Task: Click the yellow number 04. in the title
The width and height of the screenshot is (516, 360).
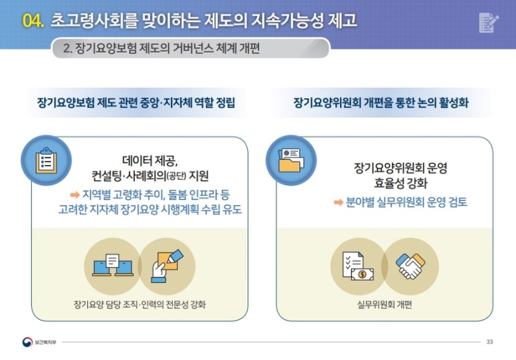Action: click(x=33, y=21)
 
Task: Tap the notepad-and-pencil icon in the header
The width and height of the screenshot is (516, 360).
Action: click(x=489, y=23)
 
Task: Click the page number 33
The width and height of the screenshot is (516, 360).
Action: click(x=490, y=342)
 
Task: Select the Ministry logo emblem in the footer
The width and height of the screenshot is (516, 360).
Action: click(x=27, y=342)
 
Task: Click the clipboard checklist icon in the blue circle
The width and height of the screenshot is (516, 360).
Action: click(x=46, y=161)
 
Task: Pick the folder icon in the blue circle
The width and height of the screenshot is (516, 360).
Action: click(x=291, y=160)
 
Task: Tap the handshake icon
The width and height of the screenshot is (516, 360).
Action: click(x=411, y=266)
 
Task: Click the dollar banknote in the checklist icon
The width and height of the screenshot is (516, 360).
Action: click(x=362, y=274)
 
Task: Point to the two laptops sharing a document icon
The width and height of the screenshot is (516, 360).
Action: click(x=113, y=265)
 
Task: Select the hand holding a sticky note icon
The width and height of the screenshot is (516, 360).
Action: click(x=167, y=266)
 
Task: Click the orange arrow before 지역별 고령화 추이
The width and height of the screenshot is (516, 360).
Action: click(x=75, y=195)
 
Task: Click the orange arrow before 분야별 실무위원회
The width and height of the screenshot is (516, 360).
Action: click(x=339, y=202)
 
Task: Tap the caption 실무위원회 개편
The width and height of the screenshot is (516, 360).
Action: click(x=384, y=305)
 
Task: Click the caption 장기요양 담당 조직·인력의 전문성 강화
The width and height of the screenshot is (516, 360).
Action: click(x=139, y=305)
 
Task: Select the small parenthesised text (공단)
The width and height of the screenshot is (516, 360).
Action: click(x=176, y=176)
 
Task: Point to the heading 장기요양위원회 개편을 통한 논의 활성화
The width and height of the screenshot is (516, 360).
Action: click(x=381, y=103)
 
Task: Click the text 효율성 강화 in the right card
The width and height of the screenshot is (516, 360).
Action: click(x=400, y=183)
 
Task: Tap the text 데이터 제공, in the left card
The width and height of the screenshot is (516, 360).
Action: click(x=150, y=161)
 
